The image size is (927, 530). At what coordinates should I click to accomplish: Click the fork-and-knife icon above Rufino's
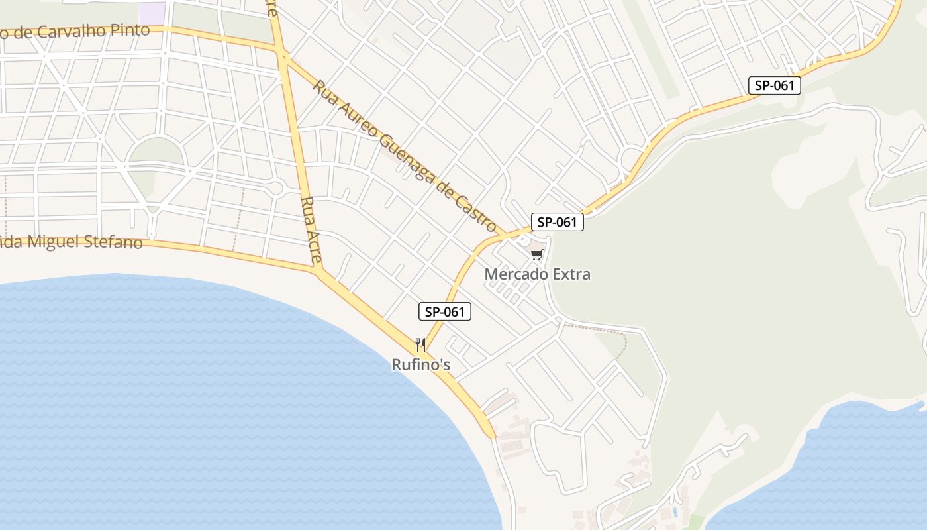coord(420,344)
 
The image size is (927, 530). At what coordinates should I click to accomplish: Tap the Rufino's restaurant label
coord(420,364)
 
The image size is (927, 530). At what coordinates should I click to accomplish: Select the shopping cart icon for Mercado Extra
coord(536,255)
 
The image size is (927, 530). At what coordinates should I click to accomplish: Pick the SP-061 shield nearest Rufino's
coord(445,311)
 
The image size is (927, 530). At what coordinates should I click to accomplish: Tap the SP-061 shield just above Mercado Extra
coord(557,222)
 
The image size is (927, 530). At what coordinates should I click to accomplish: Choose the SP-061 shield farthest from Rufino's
coord(775,85)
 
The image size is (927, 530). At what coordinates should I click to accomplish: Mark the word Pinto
coord(132,30)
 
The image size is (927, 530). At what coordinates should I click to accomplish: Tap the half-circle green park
coord(156,152)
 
